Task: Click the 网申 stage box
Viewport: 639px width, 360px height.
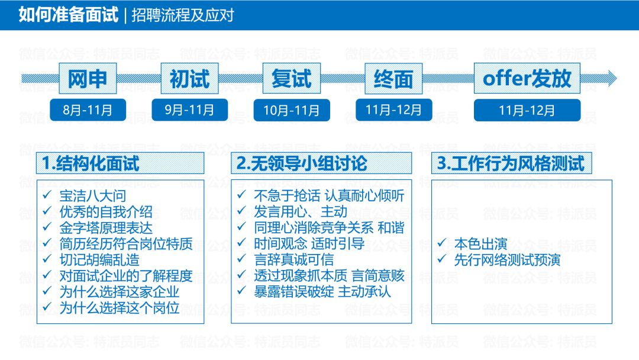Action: click(88, 79)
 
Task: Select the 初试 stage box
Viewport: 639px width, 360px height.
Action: click(189, 79)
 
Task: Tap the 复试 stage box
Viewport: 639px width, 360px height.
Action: click(292, 79)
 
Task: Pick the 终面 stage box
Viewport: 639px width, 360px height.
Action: click(393, 79)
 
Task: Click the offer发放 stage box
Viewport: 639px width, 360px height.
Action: click(527, 79)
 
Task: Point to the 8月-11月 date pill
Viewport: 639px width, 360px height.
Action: click(88, 110)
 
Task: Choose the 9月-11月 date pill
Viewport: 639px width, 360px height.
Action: click(189, 110)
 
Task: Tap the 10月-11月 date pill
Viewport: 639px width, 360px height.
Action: click(292, 110)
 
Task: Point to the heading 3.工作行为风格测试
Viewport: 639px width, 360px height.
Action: click(512, 163)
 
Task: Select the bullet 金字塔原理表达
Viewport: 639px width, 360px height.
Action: click(106, 228)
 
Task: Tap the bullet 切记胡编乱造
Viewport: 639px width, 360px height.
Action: click(99, 259)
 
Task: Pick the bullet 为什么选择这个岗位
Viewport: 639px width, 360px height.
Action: click(120, 307)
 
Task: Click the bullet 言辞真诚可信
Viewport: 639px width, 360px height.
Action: click(293, 259)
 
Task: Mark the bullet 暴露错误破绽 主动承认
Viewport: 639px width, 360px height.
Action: click(322, 291)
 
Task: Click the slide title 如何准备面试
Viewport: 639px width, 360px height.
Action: click(68, 14)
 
